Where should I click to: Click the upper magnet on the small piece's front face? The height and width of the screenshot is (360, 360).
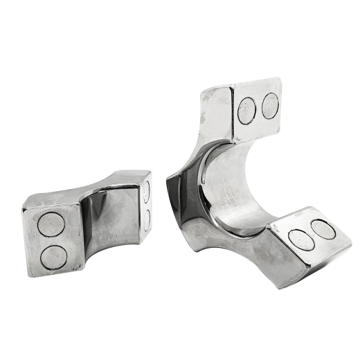point(51,225)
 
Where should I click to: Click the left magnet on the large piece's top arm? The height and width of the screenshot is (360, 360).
point(247,109)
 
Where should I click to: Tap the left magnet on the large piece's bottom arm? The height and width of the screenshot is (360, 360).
point(300,237)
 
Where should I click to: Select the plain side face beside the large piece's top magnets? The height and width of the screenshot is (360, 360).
point(216,111)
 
